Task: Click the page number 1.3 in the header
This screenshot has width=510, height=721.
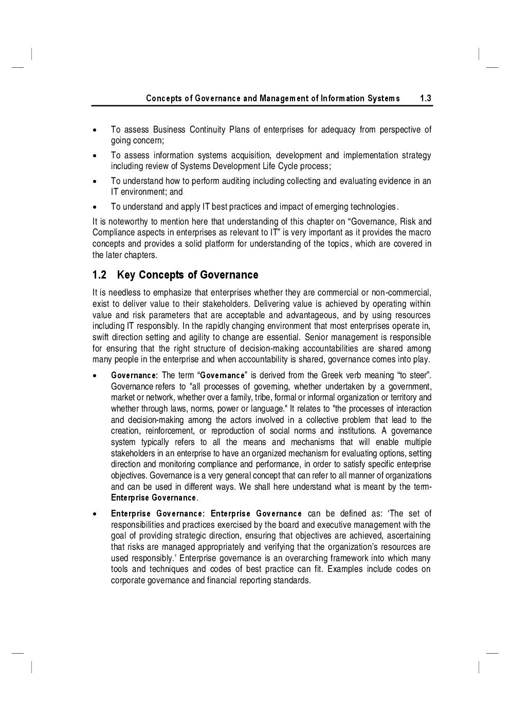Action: point(425,98)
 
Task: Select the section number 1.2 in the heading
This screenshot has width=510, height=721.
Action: point(99,275)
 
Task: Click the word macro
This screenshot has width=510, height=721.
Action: point(421,233)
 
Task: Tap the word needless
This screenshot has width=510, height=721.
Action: point(124,293)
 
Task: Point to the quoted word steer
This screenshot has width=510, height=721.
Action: point(418,375)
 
